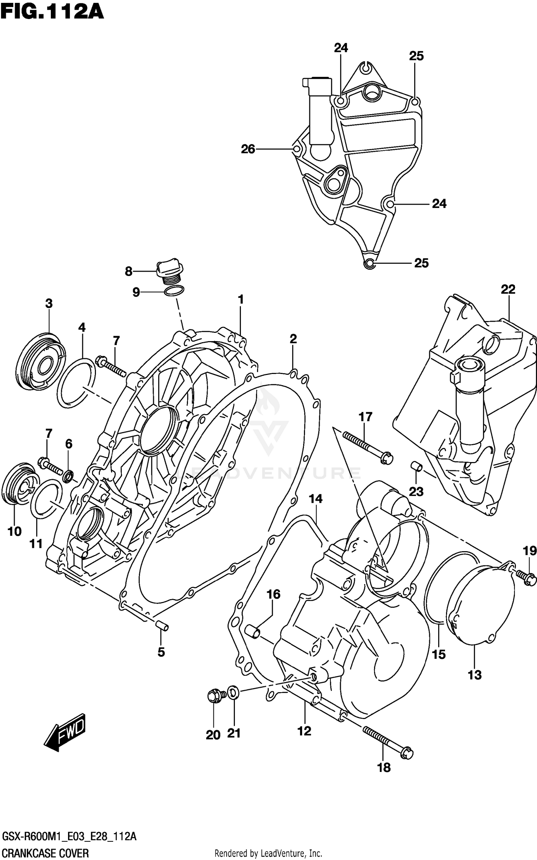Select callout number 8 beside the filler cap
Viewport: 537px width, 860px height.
tap(129, 272)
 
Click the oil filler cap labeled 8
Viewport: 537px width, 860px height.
tap(170, 271)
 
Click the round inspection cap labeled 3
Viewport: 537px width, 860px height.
tap(40, 362)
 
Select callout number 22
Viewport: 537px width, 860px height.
tap(508, 289)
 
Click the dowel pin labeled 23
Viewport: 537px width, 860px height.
tap(416, 467)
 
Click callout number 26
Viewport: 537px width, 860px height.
tap(248, 149)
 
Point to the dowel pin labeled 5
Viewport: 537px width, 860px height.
tap(162, 626)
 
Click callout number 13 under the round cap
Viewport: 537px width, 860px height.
tap(475, 675)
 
